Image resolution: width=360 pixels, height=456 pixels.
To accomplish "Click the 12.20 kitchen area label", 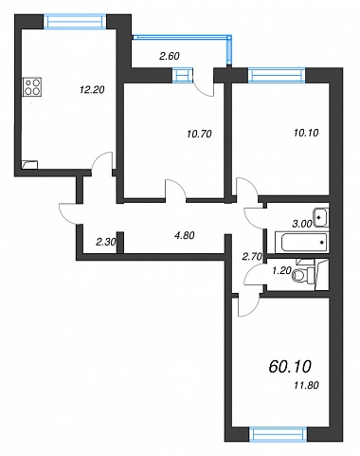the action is coord(92,90).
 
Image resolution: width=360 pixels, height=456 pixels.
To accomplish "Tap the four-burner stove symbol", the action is coord(32,87).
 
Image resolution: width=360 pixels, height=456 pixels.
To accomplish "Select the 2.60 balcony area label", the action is coord(170,56).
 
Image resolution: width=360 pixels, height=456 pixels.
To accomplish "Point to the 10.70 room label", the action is coord(199,134).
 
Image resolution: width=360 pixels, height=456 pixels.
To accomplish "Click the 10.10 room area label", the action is coord(306,133).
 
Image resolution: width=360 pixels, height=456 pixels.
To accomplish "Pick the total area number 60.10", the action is coord(290,367).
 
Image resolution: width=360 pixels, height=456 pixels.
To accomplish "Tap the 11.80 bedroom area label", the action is coord(306,385).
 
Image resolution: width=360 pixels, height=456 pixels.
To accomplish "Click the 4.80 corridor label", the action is coord(185,236).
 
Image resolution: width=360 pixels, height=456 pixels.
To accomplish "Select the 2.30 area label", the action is coord(106,243).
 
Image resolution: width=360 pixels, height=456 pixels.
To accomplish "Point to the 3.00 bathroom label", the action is coord(302,224).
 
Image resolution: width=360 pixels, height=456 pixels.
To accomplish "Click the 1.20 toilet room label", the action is coord(281,271).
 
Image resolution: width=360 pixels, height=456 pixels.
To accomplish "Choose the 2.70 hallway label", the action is coord(252,257).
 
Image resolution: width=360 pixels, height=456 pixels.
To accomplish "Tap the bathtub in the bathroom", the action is coord(301,243).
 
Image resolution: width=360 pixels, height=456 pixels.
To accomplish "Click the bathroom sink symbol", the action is coord(320,217).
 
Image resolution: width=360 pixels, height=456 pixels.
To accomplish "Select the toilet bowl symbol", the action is coord(303,275).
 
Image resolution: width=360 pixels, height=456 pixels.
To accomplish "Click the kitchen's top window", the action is coord(75,22).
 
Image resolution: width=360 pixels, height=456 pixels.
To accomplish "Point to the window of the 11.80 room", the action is coord(278,434).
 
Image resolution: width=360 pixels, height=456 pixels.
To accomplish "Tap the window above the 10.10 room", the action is coord(277,75).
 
